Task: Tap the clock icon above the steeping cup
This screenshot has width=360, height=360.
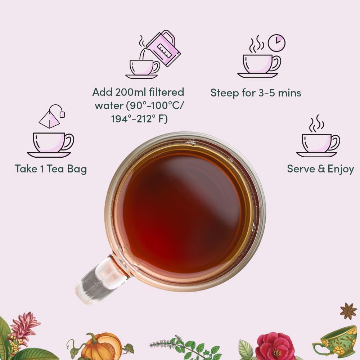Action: (x=277, y=43)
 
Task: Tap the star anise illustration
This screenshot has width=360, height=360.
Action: (x=348, y=311)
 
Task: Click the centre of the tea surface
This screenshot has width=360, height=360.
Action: (x=184, y=212)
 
